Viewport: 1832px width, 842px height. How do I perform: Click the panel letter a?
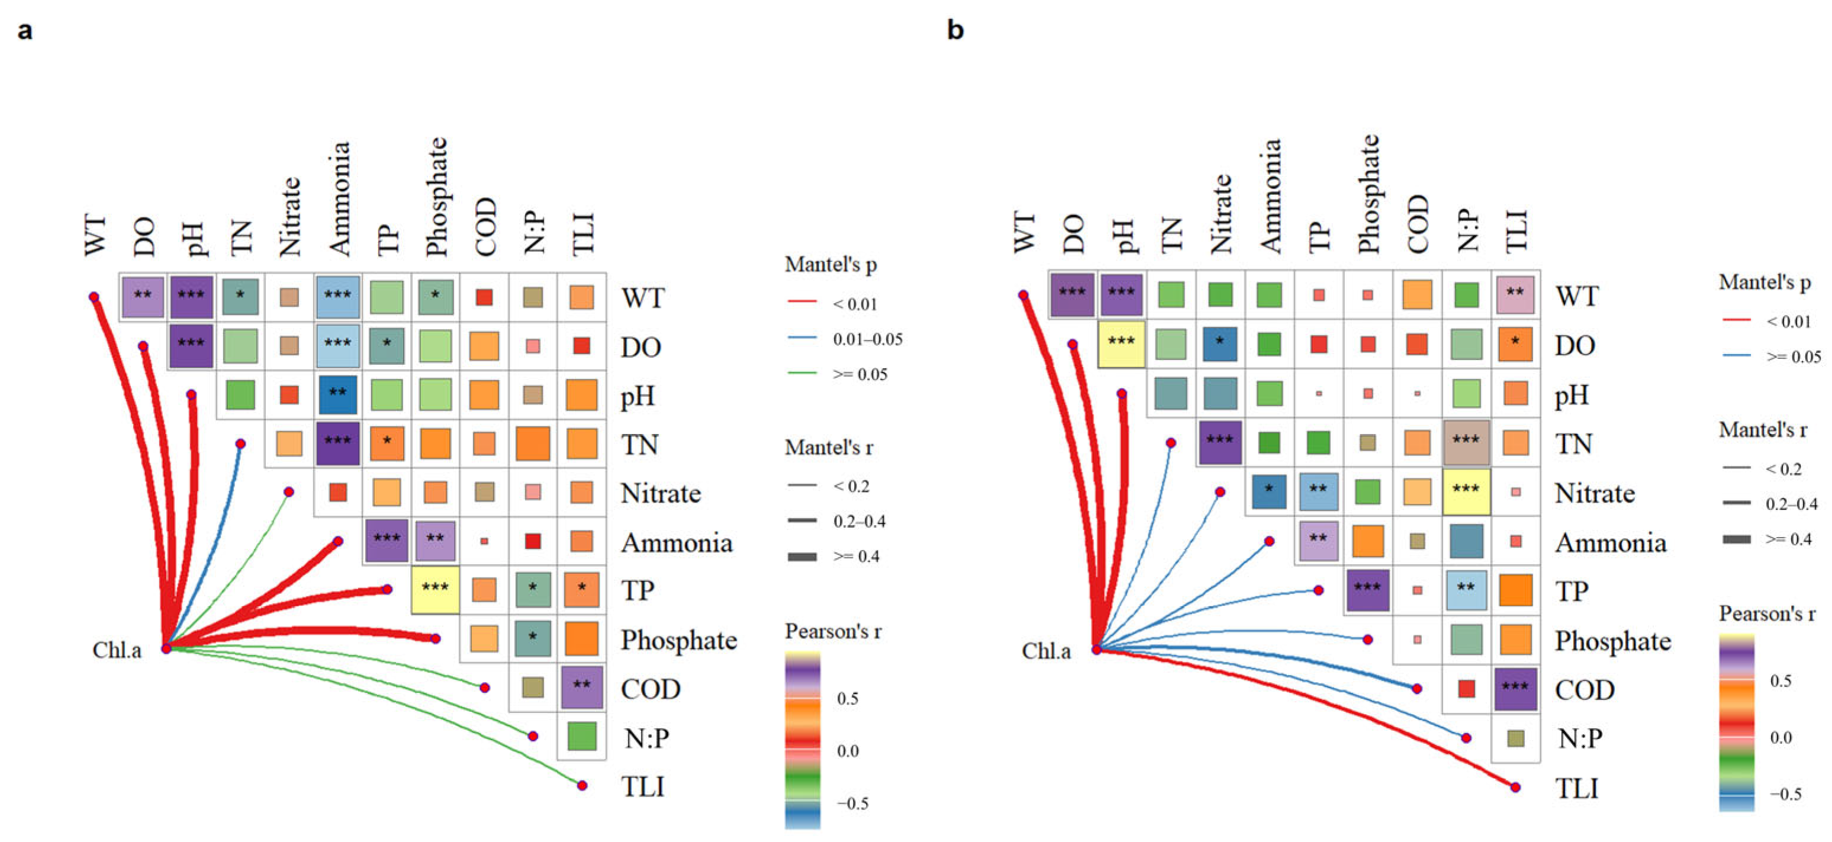pyautogui.click(x=25, y=31)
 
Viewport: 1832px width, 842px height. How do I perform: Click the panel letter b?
pyautogui.click(x=955, y=30)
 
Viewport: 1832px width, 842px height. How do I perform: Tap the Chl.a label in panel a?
pyautogui.click(x=117, y=650)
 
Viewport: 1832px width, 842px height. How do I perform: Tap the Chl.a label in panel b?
pyautogui.click(x=1045, y=651)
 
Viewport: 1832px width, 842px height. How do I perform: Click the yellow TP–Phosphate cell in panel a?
pyautogui.click(x=434, y=589)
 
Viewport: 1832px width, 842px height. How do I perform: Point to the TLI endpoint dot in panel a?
pyautogui.click(x=582, y=785)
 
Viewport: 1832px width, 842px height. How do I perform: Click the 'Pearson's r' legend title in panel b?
pyautogui.click(x=1766, y=613)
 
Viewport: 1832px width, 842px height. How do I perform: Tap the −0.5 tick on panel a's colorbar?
pyautogui.click(x=852, y=804)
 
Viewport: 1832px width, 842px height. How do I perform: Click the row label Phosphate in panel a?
pyautogui.click(x=678, y=640)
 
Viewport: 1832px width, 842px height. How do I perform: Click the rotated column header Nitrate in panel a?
pyautogui.click(x=289, y=216)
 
